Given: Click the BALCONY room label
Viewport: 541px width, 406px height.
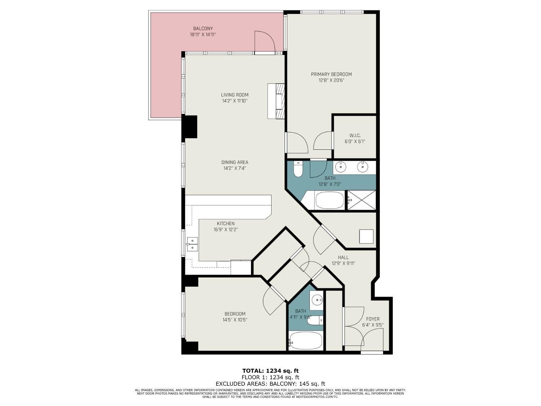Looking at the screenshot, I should coord(203,29).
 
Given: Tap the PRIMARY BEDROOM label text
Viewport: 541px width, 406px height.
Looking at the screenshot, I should coord(331,74).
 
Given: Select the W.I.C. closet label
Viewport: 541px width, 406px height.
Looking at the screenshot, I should coord(355,136).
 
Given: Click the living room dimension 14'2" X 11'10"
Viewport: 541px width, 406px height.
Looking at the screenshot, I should coord(234,101).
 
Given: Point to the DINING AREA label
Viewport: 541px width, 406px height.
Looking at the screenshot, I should coord(234,162).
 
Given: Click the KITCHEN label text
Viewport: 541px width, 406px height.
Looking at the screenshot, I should coord(225,224).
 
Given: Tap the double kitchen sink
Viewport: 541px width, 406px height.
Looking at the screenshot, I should coord(192,244).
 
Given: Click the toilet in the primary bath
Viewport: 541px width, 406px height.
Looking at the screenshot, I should coord(298,169).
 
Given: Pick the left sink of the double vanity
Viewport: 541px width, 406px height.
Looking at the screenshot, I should coord(340,167).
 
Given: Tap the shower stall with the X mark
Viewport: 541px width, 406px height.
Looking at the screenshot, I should coord(361,200).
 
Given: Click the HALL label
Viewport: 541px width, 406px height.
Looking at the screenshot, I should coord(343,257).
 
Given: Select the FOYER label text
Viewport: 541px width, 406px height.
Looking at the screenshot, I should coord(373,319).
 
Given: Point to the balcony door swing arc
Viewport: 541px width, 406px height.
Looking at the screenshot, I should coord(266,42).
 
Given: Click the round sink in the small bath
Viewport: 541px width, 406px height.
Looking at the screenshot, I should coord(317,300).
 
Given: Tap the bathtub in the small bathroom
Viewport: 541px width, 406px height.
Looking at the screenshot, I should coord(305,341).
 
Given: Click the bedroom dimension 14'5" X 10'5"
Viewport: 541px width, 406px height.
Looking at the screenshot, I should coord(235,320).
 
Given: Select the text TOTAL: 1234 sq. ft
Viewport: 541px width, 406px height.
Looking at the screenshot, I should coord(270,371).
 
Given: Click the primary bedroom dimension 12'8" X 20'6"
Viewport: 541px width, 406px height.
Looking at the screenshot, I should coord(331,80).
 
